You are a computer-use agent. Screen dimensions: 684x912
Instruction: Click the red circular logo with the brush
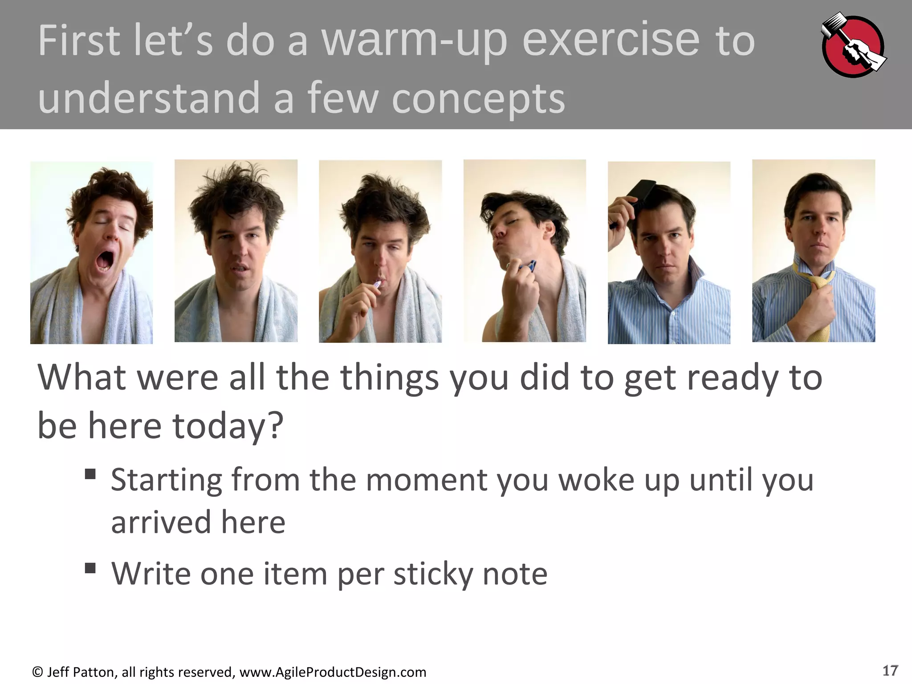pyautogui.click(x=852, y=46)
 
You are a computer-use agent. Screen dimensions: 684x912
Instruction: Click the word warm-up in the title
pyautogui.click(x=414, y=41)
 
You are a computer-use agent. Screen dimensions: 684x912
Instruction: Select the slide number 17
pyautogui.click(x=890, y=670)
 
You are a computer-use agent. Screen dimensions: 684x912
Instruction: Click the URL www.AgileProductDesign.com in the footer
pyautogui.click(x=333, y=672)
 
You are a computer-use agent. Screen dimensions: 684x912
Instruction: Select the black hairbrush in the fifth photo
pyautogui.click(x=640, y=193)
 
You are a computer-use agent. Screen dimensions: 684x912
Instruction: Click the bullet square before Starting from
pyautogui.click(x=90, y=474)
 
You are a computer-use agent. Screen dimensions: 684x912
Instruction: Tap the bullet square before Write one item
pyautogui.click(x=90, y=568)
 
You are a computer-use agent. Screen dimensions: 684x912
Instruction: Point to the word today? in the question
pyautogui.click(x=228, y=425)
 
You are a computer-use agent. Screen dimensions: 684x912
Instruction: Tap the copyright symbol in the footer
pyautogui.click(x=37, y=672)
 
